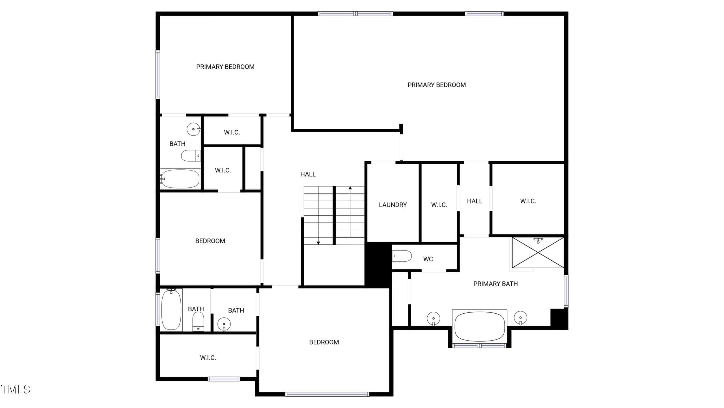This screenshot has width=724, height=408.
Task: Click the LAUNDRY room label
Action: pyautogui.click(x=393, y=205)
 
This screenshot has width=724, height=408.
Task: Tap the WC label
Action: pyautogui.click(x=428, y=259)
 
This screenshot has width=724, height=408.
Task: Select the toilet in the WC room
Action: pyautogui.click(x=402, y=256)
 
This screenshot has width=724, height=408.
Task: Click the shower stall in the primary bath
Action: pyautogui.click(x=538, y=252)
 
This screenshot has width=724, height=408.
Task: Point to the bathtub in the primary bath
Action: pyautogui.click(x=480, y=326)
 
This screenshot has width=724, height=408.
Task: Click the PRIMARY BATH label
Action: pyautogui.click(x=495, y=284)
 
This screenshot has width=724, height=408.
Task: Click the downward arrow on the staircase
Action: pyautogui.click(x=318, y=215)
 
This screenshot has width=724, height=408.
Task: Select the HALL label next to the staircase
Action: pyautogui.click(x=308, y=174)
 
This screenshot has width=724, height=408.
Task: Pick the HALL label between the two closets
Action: pyautogui.click(x=475, y=201)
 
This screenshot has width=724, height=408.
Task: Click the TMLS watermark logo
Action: pyautogui.click(x=15, y=390)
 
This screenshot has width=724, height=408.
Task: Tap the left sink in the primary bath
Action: pyautogui.click(x=433, y=319)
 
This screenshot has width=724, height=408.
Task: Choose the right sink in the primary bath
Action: pyautogui.click(x=520, y=318)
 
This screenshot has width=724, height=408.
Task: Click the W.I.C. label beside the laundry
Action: pyautogui.click(x=439, y=205)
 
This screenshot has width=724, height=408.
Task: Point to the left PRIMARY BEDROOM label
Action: pyautogui.click(x=225, y=67)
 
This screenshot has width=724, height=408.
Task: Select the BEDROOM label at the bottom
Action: pyautogui.click(x=324, y=342)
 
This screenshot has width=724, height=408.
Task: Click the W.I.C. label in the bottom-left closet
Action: pyautogui.click(x=208, y=358)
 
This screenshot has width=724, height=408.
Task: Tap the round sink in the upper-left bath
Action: pyautogui.click(x=194, y=129)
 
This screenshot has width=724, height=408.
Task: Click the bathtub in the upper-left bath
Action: pyautogui.click(x=180, y=179)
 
